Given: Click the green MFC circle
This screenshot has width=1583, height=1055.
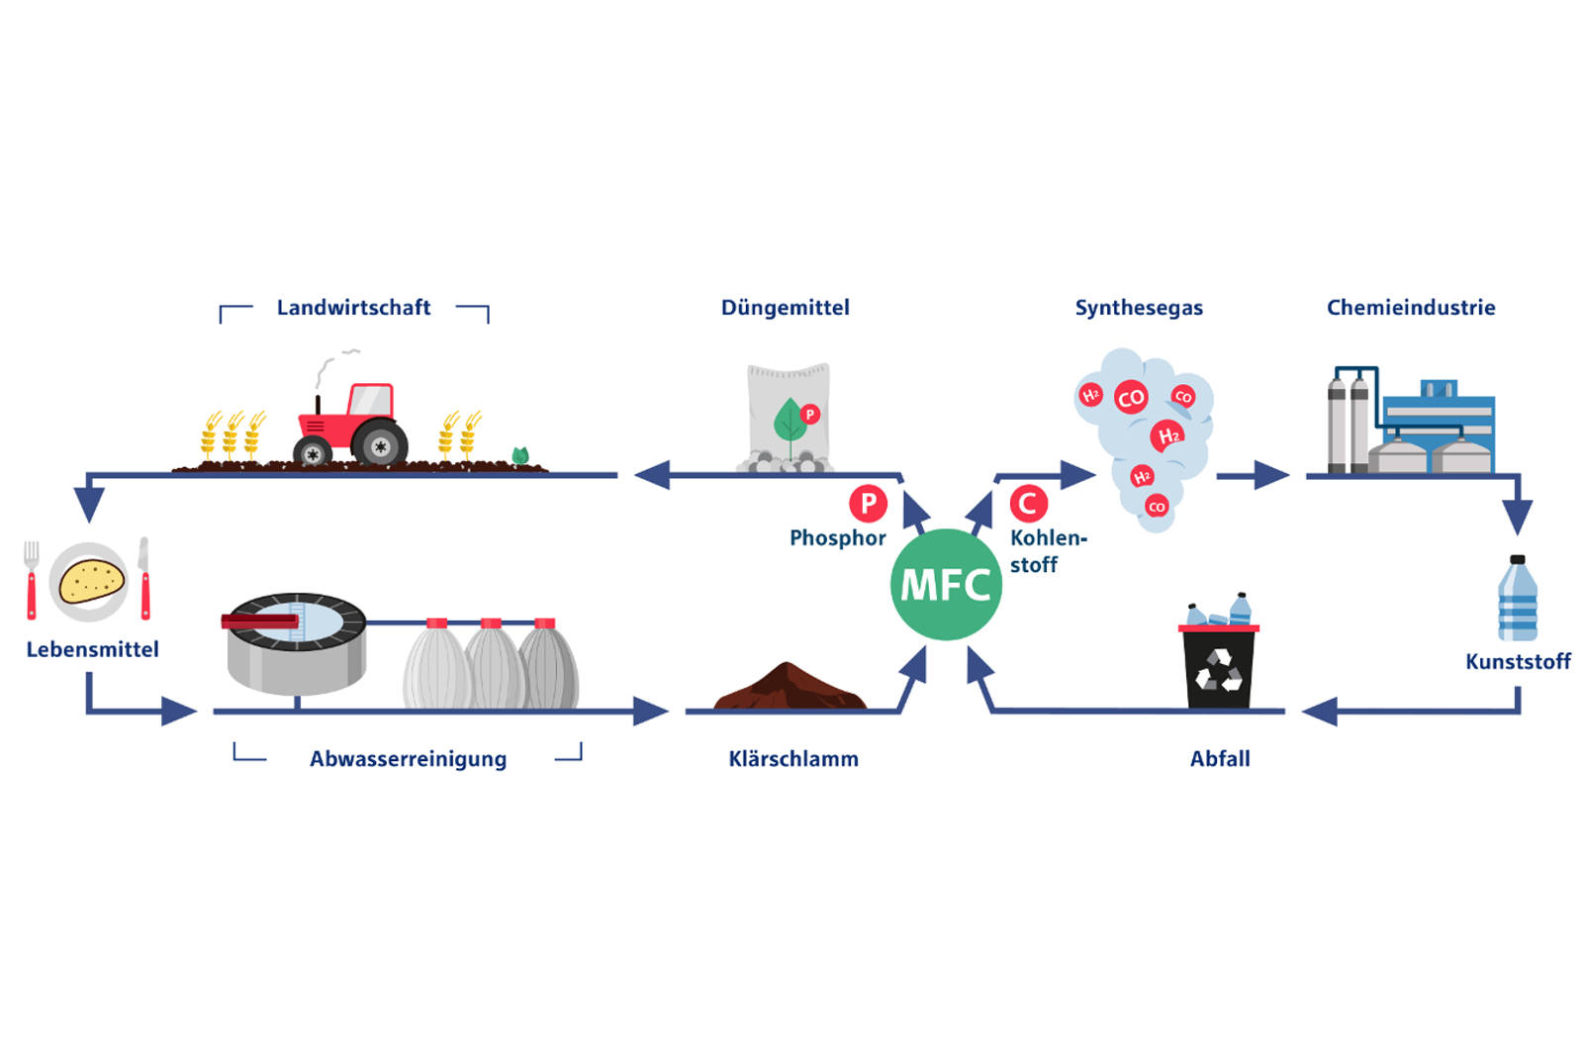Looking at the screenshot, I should point(946,584).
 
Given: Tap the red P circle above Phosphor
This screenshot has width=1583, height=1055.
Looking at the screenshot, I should point(868,504).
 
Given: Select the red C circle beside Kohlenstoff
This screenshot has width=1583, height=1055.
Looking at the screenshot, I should point(1028,504).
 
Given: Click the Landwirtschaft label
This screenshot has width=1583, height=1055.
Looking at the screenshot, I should point(353,308).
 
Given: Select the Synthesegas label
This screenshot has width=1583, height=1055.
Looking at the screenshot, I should point(1139,308).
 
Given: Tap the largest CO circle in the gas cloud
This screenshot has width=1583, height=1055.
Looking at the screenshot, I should point(1130,398).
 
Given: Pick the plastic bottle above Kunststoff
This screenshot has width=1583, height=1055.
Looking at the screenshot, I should point(1517,600).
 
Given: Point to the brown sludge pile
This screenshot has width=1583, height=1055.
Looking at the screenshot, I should point(789,688).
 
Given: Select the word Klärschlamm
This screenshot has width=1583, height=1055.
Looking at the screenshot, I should point(793,759).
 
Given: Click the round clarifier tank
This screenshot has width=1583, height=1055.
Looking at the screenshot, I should point(295,641).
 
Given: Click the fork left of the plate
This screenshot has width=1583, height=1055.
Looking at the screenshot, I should point(32,579).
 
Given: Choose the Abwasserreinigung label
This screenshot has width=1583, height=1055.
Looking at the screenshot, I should point(408,759).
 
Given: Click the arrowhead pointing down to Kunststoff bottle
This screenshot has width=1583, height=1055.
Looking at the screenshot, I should point(1517,516).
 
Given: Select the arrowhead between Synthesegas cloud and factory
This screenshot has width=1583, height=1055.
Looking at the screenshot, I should point(1271,476).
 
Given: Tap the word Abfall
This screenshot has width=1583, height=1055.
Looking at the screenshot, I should point(1220,759).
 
